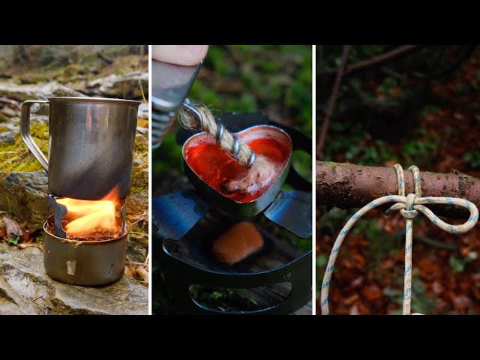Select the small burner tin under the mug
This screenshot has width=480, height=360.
coord(84,258)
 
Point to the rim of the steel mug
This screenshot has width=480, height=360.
coord(82,100)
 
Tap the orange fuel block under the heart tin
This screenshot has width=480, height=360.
coord(237,242)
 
